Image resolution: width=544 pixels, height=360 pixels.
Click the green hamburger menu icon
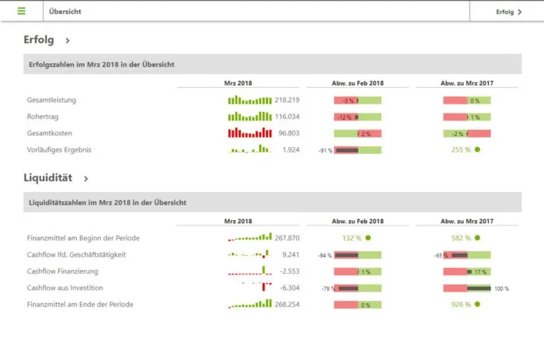point(21,12)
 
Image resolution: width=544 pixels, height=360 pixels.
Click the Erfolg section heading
point(39,40)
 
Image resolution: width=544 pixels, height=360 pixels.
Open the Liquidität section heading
point(48,178)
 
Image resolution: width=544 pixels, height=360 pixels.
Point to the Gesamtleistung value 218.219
point(288,100)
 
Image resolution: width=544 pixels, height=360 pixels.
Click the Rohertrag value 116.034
point(288,117)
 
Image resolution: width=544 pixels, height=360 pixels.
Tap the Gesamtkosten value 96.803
point(289,133)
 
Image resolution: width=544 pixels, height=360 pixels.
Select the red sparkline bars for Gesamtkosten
point(249,133)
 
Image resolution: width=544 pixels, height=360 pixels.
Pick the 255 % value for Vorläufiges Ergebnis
point(461,149)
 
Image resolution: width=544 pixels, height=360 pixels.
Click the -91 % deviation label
point(325,150)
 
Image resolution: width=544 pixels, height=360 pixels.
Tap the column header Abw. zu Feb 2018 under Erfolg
point(357,83)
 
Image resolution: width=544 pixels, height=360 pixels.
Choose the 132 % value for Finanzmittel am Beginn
point(352,238)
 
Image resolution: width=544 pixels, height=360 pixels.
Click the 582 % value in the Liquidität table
point(461,238)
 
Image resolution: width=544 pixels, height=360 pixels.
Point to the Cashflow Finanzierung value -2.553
point(289,271)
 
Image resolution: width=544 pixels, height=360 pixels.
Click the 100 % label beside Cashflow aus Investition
point(501,288)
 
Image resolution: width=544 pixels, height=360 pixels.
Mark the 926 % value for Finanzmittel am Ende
point(461,304)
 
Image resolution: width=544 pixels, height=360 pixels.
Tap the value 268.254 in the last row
point(288,304)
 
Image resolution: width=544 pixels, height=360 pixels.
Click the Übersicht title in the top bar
point(65,12)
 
